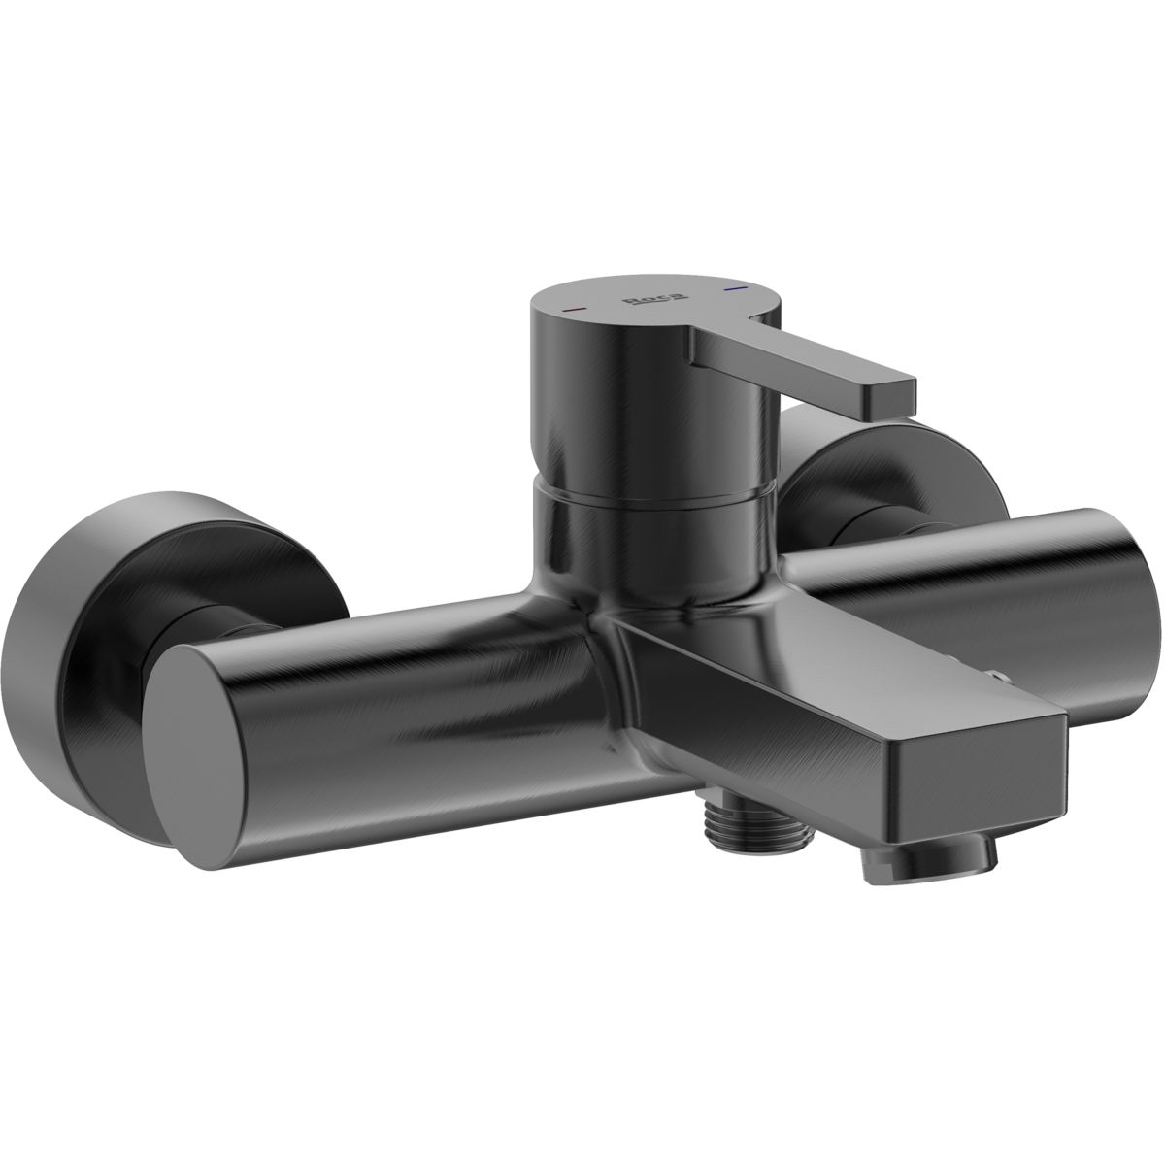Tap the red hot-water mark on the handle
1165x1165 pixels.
pos(573,309)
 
